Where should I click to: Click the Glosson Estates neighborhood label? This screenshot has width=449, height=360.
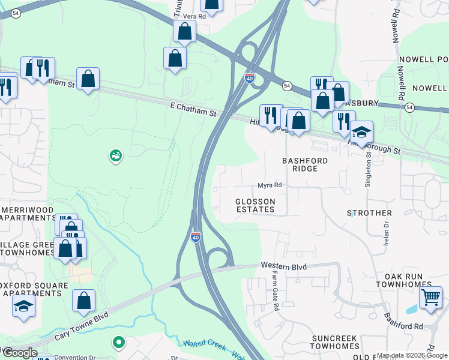pyautogui.click(x=255, y=205)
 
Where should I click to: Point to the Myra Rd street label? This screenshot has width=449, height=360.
pyautogui.click(x=270, y=185)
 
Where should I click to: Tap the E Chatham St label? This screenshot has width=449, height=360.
pyautogui.click(x=192, y=110)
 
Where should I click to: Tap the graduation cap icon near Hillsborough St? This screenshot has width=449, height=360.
pyautogui.click(x=361, y=131)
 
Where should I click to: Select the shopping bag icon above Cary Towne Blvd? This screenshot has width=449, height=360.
pyautogui.click(x=84, y=300)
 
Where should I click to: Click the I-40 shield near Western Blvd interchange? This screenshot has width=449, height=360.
pyautogui.click(x=195, y=237)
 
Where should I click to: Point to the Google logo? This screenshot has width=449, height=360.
pyautogui.click(x=19, y=353)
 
